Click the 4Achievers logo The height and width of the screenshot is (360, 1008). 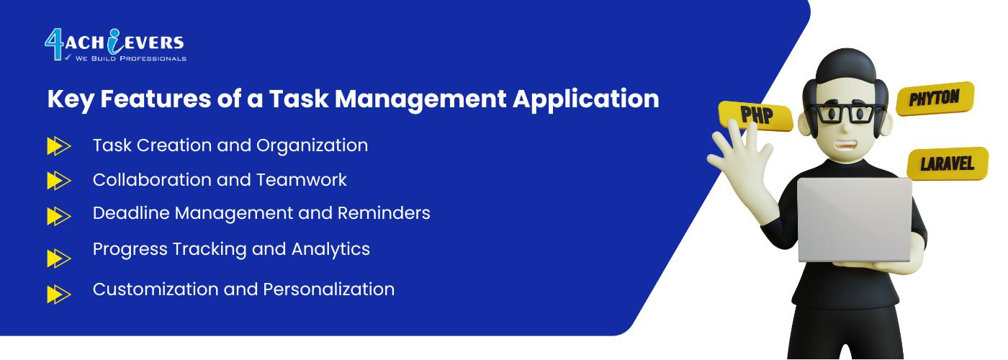pyautogui.click(x=115, y=45)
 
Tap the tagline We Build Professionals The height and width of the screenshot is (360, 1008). pyautogui.click(x=130, y=58)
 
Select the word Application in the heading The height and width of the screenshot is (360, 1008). pyautogui.click(x=586, y=99)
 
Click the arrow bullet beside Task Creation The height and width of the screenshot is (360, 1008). pyautogui.click(x=59, y=145)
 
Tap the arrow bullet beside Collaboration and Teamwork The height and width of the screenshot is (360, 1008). pyautogui.click(x=59, y=181)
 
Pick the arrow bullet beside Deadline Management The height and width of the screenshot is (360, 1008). pyautogui.click(x=59, y=216)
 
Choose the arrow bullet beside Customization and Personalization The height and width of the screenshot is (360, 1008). pyautogui.click(x=59, y=294)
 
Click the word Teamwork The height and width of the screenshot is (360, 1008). pyautogui.click(x=302, y=180)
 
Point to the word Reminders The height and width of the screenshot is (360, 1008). pyautogui.click(x=384, y=213)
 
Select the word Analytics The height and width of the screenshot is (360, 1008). pyautogui.click(x=330, y=250)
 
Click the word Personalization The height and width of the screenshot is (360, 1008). pyautogui.click(x=328, y=289)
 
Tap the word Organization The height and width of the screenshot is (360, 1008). pyautogui.click(x=312, y=145)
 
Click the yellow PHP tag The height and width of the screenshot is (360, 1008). pyautogui.click(x=756, y=116)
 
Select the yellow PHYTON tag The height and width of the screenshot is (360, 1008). pyautogui.click(x=935, y=99)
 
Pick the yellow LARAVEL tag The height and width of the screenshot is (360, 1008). pyautogui.click(x=948, y=163)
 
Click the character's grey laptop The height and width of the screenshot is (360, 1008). pyautogui.click(x=854, y=220)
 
